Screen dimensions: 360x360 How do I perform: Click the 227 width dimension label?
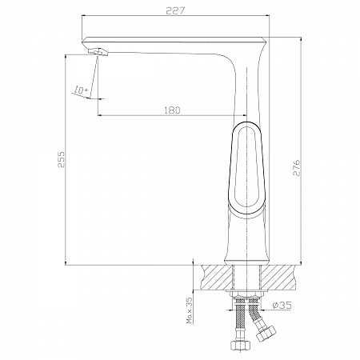click(175, 11)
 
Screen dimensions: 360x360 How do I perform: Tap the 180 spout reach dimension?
click(172, 110)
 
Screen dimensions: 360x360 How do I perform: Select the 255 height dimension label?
click(61, 159)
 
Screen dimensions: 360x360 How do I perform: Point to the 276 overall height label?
click(297, 168)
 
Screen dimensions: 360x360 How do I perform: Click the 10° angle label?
click(81, 90)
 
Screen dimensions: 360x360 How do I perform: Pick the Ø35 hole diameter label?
click(282, 305)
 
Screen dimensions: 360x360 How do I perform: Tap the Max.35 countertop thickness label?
click(190, 310)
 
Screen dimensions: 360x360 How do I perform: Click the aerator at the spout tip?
click(98, 52)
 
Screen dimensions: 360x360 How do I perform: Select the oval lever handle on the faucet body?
click(246, 170)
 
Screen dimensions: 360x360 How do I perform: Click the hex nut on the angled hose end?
click(266, 334)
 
